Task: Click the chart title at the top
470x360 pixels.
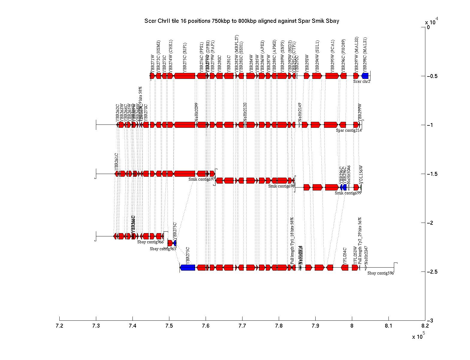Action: click(242, 21)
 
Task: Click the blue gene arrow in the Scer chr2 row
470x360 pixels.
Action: click(365, 76)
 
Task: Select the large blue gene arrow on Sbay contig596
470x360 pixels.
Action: click(187, 267)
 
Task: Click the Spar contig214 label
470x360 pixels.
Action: click(349, 130)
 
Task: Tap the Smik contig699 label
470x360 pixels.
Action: click(348, 193)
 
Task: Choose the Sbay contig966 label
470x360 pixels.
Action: click(150, 242)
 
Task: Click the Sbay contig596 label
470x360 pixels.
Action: click(380, 273)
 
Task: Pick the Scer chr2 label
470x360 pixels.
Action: click(361, 81)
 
